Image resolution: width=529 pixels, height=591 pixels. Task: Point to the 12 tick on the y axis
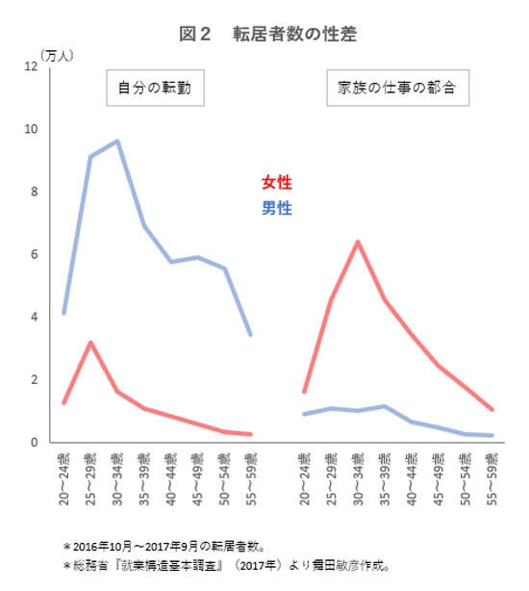coord(31,66)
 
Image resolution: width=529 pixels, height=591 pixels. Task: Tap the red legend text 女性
coord(276,182)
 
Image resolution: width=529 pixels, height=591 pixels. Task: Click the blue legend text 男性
coord(276,208)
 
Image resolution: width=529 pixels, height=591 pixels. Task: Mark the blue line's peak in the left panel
coord(117,141)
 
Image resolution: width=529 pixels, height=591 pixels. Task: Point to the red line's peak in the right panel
coord(358,241)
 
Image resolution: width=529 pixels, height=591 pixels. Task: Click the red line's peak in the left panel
coord(90,342)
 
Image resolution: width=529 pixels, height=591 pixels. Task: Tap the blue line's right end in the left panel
coord(251,335)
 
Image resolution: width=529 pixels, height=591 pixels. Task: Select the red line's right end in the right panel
coord(492,410)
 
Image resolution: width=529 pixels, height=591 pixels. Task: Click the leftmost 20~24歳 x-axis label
coord(63,478)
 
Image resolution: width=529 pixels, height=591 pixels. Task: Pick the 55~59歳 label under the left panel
coord(251,478)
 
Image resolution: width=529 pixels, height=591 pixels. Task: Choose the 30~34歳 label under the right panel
coord(358,478)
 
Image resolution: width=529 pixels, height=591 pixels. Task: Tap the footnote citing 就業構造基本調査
coord(225,565)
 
